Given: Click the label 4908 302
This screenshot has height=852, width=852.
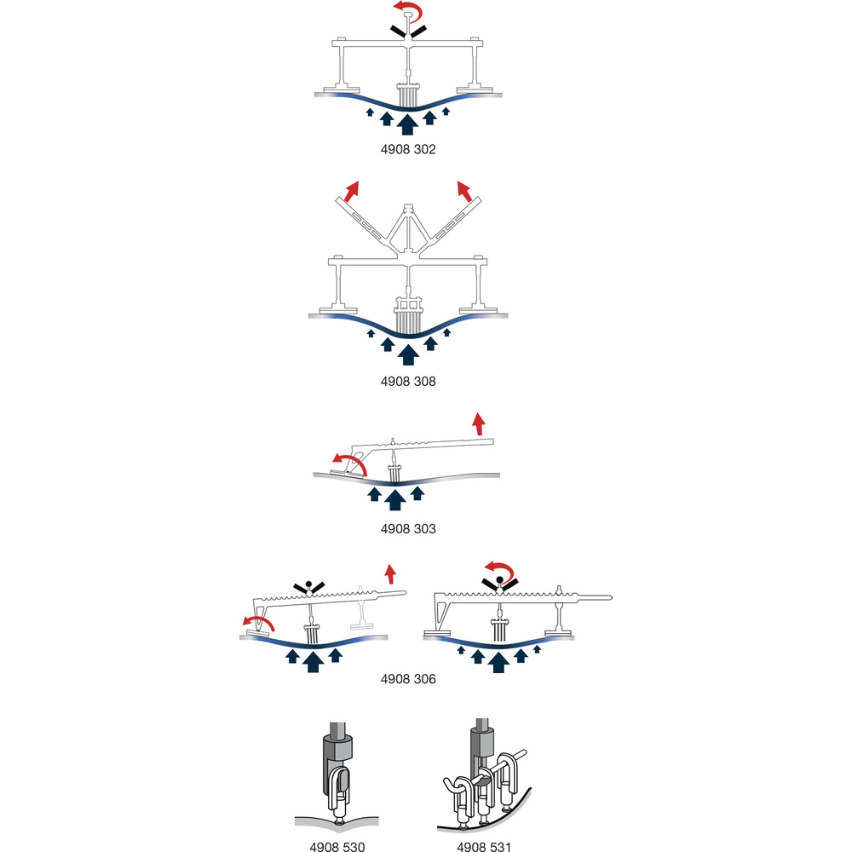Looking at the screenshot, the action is (408, 149).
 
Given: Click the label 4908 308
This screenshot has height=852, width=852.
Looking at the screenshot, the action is (408, 382).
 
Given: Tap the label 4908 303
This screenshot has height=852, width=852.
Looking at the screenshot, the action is (408, 529).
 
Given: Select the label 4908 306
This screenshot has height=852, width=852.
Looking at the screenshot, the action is (408, 679).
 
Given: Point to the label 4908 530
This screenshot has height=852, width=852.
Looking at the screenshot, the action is (337, 847).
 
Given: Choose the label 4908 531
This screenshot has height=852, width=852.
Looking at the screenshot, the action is (484, 847).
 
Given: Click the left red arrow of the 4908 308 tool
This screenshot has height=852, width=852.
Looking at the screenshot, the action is (352, 191).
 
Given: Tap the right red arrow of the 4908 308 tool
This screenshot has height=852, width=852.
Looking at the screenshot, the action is (464, 191).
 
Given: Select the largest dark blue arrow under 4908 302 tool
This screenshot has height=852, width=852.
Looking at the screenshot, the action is (407, 124).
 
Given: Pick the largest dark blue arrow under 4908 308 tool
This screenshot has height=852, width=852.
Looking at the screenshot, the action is (409, 354).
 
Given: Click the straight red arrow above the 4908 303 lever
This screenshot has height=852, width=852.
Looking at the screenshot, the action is (479, 423).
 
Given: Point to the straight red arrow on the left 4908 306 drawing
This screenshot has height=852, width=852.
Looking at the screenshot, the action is (390, 574).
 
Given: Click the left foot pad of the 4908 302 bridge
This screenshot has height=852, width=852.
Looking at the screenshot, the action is (342, 89).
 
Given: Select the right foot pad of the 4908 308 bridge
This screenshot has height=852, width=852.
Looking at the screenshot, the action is (478, 311).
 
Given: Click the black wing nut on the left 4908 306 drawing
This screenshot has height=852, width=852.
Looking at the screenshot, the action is (308, 587).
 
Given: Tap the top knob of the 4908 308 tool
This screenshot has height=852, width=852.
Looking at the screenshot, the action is (409, 208).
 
